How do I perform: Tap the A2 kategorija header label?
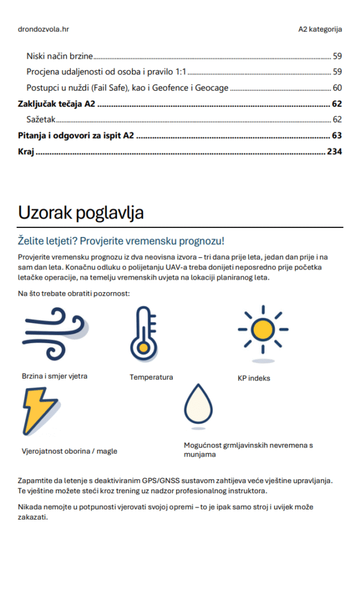point(320,29)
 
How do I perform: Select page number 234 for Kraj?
point(334,152)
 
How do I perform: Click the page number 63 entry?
point(337,136)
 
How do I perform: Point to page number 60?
point(337,88)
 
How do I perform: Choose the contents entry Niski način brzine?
point(59,56)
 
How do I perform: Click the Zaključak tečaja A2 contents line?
point(56,104)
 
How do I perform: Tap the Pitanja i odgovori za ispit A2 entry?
point(76,136)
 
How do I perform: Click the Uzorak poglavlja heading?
point(80,213)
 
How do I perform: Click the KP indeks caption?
point(254,379)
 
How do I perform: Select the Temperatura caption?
point(151,377)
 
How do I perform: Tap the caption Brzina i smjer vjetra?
point(55,376)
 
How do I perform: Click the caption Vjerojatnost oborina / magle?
point(70,451)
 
